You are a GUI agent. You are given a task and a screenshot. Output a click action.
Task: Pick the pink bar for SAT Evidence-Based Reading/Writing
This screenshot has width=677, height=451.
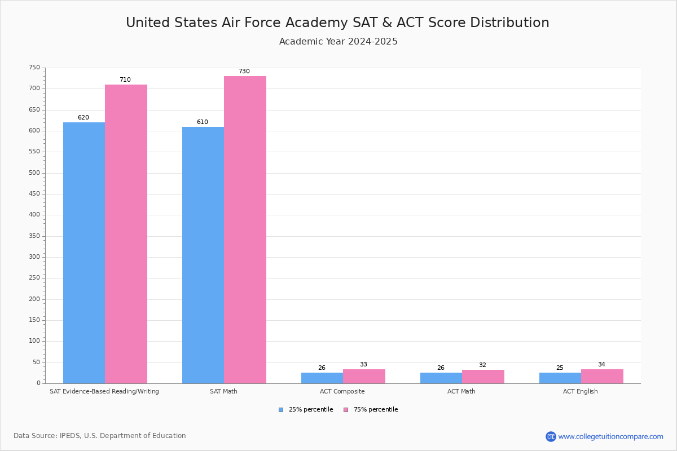[x=126, y=234]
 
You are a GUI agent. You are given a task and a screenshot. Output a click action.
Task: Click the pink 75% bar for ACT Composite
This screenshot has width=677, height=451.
[x=364, y=377]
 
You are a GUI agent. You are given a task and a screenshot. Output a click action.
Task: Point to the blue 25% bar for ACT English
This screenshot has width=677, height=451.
[x=560, y=378]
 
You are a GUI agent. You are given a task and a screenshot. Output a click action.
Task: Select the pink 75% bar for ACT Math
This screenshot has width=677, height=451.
[x=483, y=377]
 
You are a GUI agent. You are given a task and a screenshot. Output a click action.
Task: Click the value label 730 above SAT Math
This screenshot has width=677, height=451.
[x=244, y=72]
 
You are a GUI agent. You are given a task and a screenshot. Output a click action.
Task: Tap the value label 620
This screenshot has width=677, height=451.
[x=83, y=118]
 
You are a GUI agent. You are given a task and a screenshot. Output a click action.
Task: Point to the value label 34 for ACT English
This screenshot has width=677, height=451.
[x=601, y=365]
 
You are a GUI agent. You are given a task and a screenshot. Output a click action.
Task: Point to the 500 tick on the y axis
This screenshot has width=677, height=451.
[x=35, y=173]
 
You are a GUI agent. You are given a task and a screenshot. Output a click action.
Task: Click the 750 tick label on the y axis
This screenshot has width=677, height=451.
[x=35, y=68]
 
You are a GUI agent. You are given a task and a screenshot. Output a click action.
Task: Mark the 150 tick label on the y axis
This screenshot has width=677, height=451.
[x=35, y=320]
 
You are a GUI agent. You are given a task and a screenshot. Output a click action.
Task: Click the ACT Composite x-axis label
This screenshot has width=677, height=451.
[x=342, y=391]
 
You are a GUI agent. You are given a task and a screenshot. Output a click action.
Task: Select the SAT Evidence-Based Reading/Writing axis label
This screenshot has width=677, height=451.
[x=104, y=391]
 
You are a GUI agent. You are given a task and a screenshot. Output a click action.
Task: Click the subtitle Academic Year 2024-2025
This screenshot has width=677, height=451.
[x=338, y=42]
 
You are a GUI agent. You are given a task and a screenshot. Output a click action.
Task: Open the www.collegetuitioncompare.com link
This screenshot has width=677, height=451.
[x=610, y=436]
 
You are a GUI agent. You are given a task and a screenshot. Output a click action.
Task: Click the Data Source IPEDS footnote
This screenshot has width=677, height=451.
[x=100, y=436]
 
